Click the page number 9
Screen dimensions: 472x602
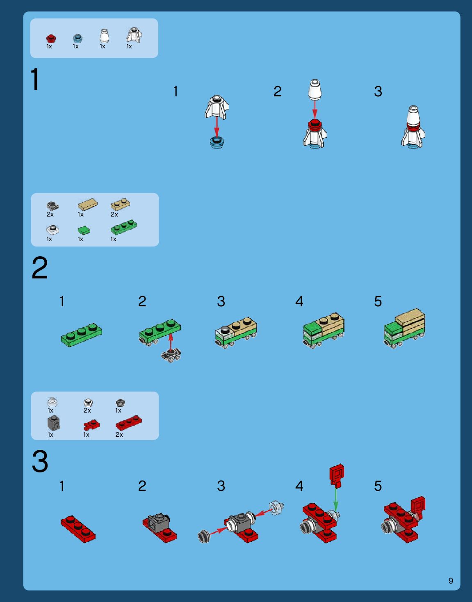pos(451,581)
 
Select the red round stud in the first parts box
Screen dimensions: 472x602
pos(51,38)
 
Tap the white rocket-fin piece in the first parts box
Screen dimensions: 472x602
pos(134,35)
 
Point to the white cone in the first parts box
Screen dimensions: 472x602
pos(104,35)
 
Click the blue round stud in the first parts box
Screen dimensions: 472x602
pos(78,38)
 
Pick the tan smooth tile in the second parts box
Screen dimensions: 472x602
pos(87,204)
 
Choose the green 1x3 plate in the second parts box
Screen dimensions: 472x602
pos(123,227)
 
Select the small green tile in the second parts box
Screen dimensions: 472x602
pos(84,230)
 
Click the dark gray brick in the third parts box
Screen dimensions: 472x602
pos(54,423)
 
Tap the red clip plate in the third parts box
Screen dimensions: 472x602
pos(91,424)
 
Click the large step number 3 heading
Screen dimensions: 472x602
pos(40,461)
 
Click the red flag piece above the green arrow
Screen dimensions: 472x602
pos(337,476)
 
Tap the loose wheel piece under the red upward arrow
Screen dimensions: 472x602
pos(171,356)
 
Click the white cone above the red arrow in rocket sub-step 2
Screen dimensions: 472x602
pos(315,90)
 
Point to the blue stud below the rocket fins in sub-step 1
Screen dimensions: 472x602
pos(217,142)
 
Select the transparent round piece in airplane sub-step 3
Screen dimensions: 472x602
pos(276,508)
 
